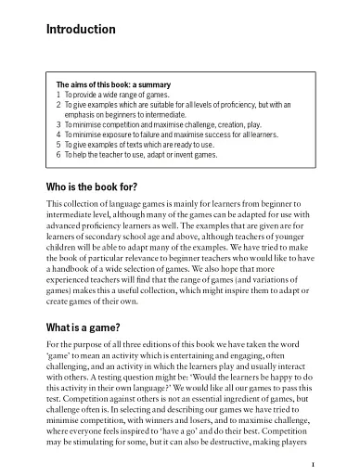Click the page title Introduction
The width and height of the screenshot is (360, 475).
[x=81, y=31]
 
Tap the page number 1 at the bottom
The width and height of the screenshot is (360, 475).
[x=315, y=464]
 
